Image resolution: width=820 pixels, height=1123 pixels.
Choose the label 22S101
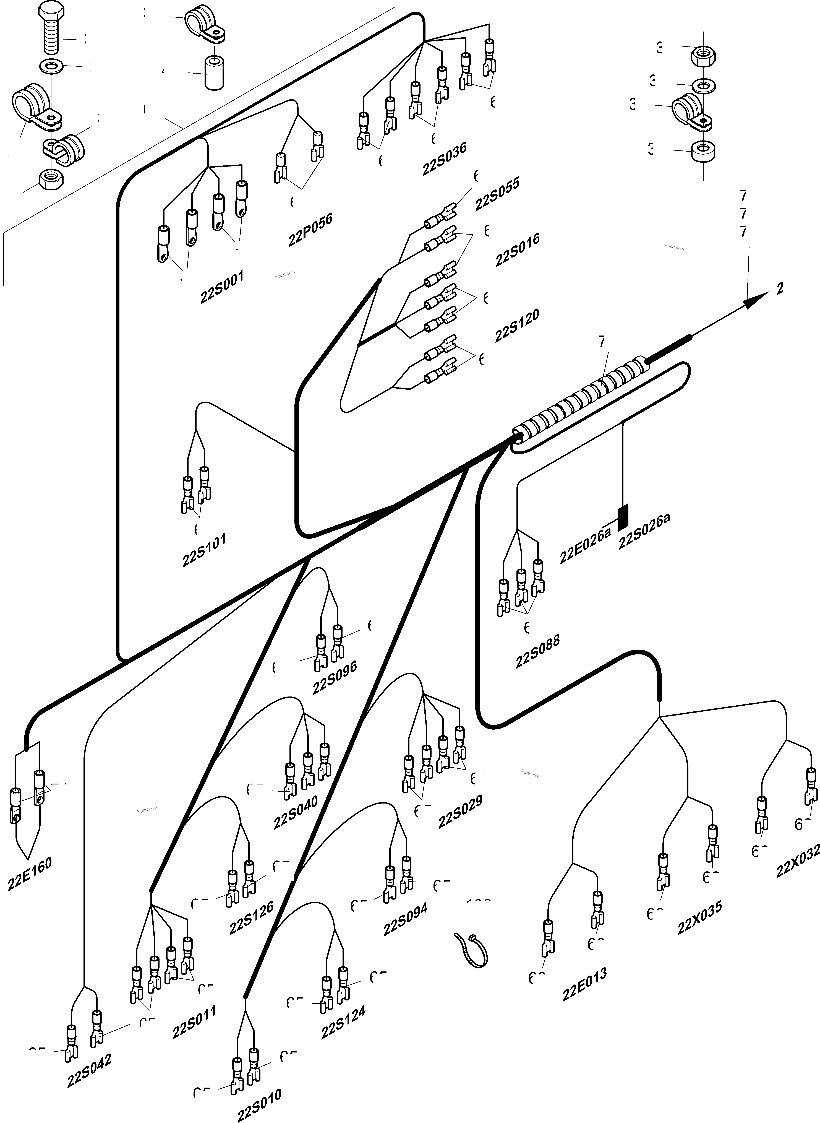point(204,550)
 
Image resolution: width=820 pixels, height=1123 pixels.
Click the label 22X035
point(700,917)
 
